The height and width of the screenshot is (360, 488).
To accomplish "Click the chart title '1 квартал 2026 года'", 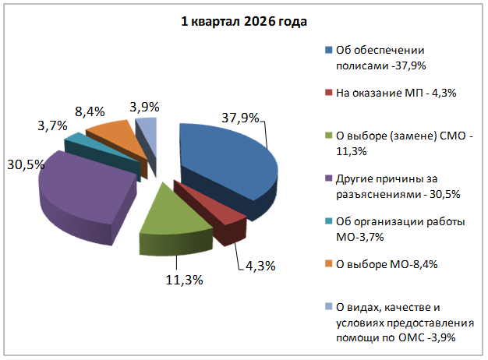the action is pyautogui.click(x=244, y=22).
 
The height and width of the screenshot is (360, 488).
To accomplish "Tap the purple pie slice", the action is pyautogui.click(x=84, y=190).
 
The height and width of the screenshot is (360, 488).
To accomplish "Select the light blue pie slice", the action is pyautogui.click(x=147, y=134).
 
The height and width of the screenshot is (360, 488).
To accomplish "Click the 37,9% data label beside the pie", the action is pyautogui.click(x=240, y=118).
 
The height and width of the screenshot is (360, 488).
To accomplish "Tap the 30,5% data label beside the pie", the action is pyautogui.click(x=26, y=164).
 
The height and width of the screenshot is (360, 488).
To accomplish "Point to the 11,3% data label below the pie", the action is pyautogui.click(x=184, y=280).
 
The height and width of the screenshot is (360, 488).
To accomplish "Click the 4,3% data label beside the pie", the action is pyautogui.click(x=260, y=266).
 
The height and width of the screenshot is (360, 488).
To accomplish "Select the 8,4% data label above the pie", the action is pyautogui.click(x=90, y=111).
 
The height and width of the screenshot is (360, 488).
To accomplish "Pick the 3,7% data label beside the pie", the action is pyautogui.click(x=52, y=126).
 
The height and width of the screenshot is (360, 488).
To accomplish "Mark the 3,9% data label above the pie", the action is pyautogui.click(x=144, y=108).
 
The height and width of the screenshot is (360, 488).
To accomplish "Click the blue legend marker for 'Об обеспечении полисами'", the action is pyautogui.click(x=329, y=50).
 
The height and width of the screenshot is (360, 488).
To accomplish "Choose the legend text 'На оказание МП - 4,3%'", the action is pyautogui.click(x=396, y=93).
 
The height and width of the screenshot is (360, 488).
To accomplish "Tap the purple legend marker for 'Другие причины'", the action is pyautogui.click(x=329, y=178).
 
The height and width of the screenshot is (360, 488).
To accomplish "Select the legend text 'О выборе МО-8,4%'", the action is pyautogui.click(x=387, y=264).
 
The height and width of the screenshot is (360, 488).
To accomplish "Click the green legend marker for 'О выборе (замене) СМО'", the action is pyautogui.click(x=329, y=136).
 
